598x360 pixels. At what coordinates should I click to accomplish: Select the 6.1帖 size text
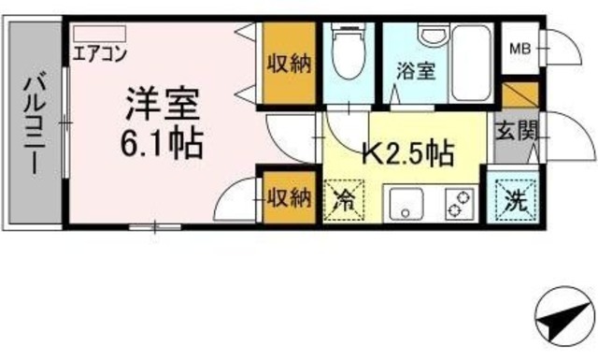coord(161,142)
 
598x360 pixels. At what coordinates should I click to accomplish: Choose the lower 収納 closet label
coord(288,197)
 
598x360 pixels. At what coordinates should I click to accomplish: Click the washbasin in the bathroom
coord(431,36)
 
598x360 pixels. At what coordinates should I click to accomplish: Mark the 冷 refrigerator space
coord(343,200)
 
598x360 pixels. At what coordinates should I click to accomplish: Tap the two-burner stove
coord(458,203)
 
